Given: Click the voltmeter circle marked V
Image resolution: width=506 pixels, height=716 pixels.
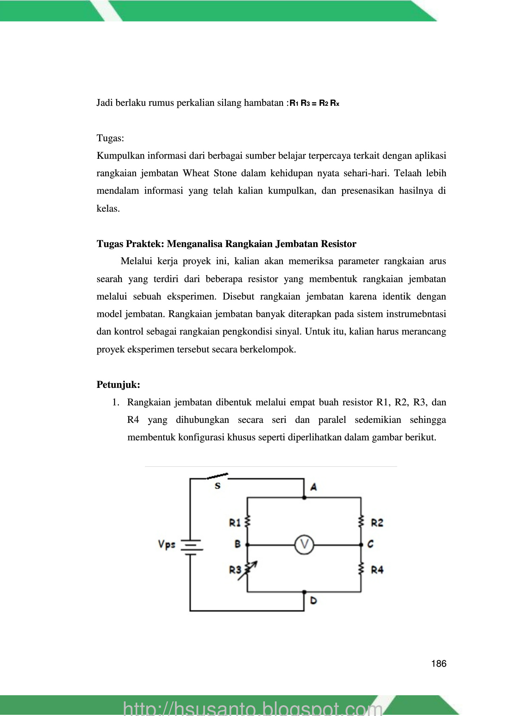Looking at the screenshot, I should [304, 545].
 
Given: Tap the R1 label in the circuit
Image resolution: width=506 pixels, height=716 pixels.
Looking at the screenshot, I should [235, 522].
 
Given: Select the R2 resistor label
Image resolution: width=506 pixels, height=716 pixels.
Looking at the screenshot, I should [377, 523].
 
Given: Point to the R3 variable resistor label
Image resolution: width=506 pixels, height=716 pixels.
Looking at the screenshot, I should [235, 570].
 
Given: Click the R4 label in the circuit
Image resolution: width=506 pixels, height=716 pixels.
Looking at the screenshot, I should [377, 570].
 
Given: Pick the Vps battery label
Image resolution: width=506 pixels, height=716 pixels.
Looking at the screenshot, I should [167, 544].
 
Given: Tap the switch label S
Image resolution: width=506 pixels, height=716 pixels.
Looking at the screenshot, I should [218, 486].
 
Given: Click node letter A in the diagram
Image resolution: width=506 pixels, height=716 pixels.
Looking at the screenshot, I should [313, 486].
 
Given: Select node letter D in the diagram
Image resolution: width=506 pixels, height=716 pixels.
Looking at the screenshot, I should [313, 600].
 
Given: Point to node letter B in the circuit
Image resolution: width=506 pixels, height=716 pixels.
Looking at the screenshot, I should [237, 544].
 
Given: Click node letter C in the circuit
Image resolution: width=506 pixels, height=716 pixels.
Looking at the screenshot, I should [370, 544].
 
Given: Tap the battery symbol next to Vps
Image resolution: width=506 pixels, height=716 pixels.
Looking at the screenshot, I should [191, 545].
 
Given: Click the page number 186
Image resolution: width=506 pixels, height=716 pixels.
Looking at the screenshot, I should [438, 663].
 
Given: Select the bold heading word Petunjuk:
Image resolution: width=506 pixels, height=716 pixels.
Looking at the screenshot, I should [118, 385].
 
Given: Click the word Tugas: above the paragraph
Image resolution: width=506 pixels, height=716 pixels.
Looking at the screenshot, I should [110, 138].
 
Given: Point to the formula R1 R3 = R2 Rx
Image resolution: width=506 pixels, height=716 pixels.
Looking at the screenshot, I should [314, 103].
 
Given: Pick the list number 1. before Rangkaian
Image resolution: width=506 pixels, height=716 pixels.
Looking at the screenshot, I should [116, 402].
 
